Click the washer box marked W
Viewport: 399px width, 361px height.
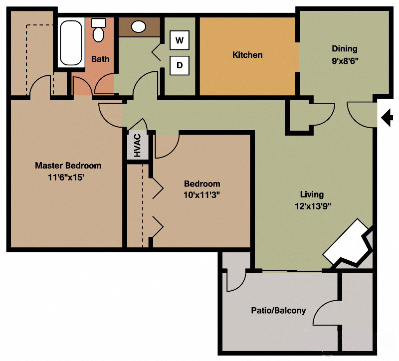click(x=180, y=40)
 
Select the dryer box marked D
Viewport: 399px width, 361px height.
click(x=180, y=65)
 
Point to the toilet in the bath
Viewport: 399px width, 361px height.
click(x=99, y=31)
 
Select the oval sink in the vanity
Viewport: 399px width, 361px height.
click(x=138, y=26)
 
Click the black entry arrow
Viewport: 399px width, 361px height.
click(x=388, y=118)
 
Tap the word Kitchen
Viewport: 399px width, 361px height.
click(x=247, y=55)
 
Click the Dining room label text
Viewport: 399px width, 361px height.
click(x=345, y=49)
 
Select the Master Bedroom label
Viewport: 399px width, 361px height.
click(x=68, y=166)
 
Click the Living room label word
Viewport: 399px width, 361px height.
click(x=311, y=194)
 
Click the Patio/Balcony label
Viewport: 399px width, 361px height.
click(x=278, y=311)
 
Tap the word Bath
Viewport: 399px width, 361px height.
click(x=100, y=59)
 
